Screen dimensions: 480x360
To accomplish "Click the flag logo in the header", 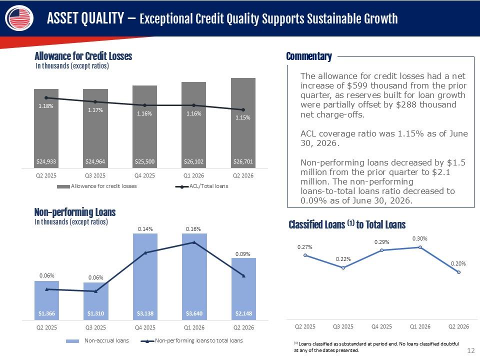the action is click(x=19, y=18).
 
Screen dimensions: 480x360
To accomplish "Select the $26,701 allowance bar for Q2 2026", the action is click(x=243, y=123).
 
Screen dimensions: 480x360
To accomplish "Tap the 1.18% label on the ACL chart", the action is click(x=46, y=106).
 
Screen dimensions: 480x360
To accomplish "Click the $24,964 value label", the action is click(x=95, y=161).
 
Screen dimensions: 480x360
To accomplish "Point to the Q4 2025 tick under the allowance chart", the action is click(x=144, y=175).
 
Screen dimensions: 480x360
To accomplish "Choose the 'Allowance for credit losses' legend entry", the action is click(x=96, y=186).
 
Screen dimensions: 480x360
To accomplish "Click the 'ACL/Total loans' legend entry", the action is click(x=201, y=186).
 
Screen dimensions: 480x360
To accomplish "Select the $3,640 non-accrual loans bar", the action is click(x=194, y=276).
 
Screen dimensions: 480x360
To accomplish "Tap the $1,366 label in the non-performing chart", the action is click(x=46, y=313).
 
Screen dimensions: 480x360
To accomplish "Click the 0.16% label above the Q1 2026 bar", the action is click(x=193, y=229).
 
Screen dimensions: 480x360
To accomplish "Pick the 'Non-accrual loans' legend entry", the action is click(x=97, y=340).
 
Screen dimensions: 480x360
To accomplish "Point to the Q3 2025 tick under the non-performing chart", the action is click(x=95, y=327).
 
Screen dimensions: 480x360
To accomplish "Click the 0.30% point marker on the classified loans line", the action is click(x=420, y=247).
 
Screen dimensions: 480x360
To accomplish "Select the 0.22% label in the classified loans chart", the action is click(x=343, y=259).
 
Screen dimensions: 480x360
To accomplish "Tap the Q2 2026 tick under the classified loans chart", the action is click(x=458, y=326).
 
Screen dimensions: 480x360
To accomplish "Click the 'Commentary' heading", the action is click(x=309, y=56).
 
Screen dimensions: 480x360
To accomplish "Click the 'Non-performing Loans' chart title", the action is click(x=75, y=212).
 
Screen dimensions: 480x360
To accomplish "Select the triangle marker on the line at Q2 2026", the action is click(x=243, y=276).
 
